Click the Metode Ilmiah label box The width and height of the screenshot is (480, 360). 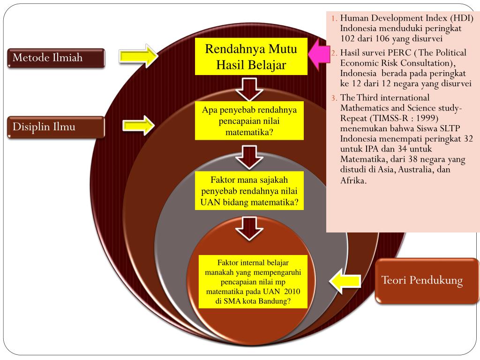pos(56,58)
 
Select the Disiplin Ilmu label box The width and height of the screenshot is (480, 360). pos(56,127)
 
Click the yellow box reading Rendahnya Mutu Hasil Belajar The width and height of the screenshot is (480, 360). pos(251,56)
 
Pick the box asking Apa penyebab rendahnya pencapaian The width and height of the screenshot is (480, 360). pos(249,120)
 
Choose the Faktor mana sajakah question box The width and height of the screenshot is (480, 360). pos(249,190)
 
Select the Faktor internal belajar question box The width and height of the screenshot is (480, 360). pos(253,282)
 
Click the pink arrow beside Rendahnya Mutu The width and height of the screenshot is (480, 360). pos(318,55)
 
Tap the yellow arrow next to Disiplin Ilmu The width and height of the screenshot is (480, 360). pos(139,126)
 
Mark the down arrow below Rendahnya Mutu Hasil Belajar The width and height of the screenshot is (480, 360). pos(249,89)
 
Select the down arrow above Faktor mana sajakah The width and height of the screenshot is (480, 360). pos(249,157)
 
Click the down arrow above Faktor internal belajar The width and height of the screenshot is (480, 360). pos(249,228)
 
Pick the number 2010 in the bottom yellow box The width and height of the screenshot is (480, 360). pos(292,291)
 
